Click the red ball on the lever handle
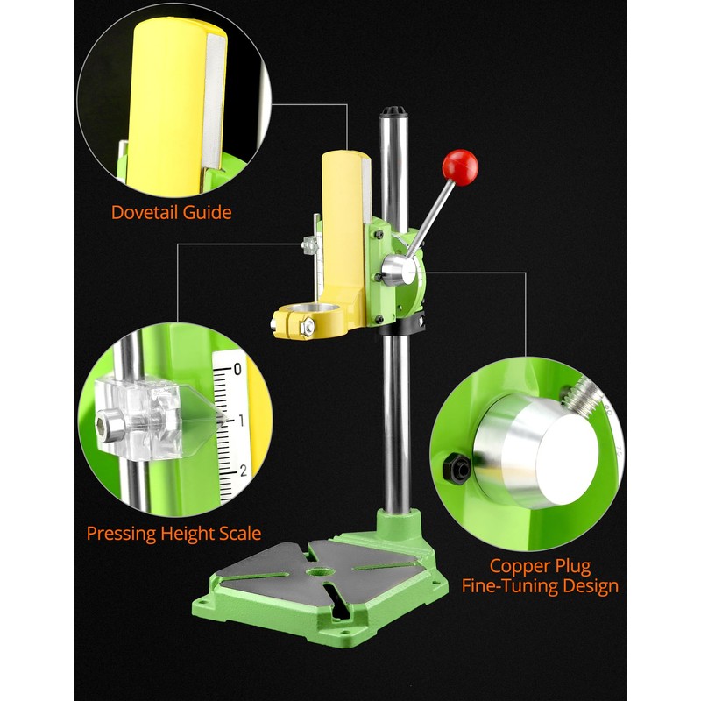459,164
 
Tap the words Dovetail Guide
171,212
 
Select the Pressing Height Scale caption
173,533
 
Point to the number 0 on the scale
237,369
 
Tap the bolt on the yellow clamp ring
307,329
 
